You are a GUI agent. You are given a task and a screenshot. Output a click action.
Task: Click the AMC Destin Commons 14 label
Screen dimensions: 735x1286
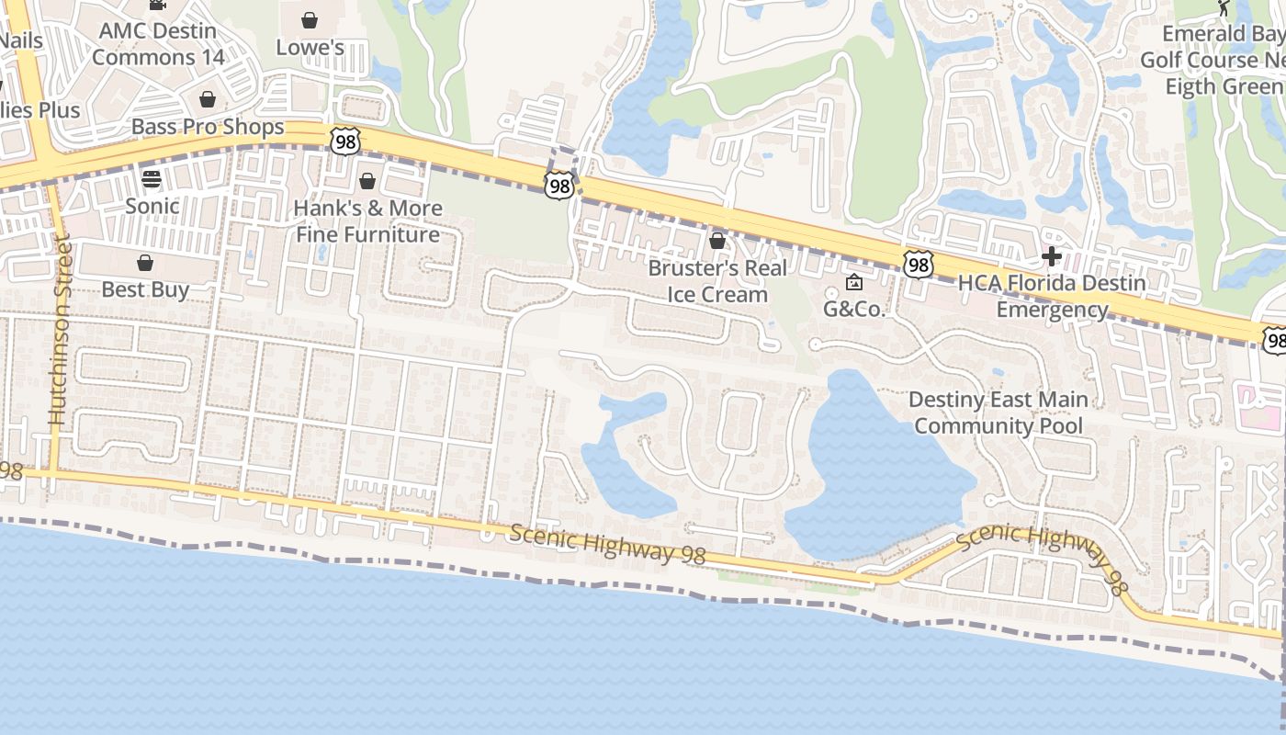pos(158,43)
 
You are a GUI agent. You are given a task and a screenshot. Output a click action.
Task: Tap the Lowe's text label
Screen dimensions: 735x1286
pos(310,47)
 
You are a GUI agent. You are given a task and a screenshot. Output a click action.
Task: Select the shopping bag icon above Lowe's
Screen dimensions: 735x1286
pos(310,19)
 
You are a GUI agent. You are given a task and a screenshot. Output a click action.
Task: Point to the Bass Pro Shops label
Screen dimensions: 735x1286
pos(208,126)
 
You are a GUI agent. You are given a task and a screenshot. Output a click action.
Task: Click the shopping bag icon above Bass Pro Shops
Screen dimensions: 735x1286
pos(208,99)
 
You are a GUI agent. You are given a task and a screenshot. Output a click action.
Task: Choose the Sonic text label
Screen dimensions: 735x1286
pos(152,205)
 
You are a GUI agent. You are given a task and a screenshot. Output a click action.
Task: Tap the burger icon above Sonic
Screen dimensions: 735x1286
pos(152,178)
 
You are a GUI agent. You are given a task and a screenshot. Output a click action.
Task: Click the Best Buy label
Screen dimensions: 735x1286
pos(145,289)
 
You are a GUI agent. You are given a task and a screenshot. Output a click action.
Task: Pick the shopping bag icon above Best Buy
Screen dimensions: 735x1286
pos(145,263)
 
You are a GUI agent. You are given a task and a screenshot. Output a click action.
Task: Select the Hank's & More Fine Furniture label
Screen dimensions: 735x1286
pos(367,221)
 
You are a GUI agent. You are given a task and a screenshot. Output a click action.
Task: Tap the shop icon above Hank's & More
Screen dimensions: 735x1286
pos(367,181)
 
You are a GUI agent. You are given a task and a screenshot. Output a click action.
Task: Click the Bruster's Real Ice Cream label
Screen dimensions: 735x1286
pos(717,281)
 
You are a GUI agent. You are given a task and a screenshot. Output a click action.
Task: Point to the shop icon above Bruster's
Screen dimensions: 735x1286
pos(717,241)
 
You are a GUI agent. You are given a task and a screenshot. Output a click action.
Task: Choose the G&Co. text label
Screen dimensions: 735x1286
pos(853,309)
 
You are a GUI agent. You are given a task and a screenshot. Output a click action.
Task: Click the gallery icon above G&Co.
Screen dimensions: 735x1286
pos(853,282)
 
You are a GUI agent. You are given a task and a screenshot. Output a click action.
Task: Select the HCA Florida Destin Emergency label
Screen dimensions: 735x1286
pos(1052,296)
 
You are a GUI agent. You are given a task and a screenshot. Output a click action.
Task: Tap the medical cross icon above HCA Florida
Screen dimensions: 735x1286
pos(1052,256)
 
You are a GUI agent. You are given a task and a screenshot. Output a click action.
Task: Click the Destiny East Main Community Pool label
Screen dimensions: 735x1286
pos(998,413)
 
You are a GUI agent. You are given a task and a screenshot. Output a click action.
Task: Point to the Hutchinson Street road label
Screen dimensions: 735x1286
pos(59,331)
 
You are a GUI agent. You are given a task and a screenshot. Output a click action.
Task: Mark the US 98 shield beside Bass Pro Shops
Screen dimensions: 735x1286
pos(344,141)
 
